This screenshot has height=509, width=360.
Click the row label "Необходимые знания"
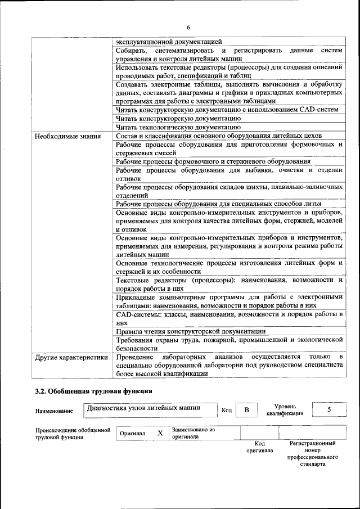[x=67, y=136]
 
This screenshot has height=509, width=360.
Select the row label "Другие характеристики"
[x=71, y=357]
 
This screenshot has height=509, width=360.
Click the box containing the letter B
[x=246, y=410]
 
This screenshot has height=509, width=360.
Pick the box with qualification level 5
[x=328, y=409]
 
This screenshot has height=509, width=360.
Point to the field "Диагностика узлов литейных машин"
[x=143, y=408]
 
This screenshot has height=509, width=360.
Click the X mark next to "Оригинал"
[x=160, y=433]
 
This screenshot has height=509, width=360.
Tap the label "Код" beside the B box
[x=227, y=410]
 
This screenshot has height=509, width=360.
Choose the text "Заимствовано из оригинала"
[x=194, y=433]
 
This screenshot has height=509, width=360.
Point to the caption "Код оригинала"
[x=259, y=447]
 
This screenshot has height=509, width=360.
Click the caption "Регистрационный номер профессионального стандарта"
[x=313, y=454]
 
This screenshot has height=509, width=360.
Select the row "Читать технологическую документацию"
[x=178, y=128]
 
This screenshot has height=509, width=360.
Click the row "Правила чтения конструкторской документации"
[x=191, y=331]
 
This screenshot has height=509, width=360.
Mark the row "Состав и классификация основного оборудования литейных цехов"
[x=219, y=136]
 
